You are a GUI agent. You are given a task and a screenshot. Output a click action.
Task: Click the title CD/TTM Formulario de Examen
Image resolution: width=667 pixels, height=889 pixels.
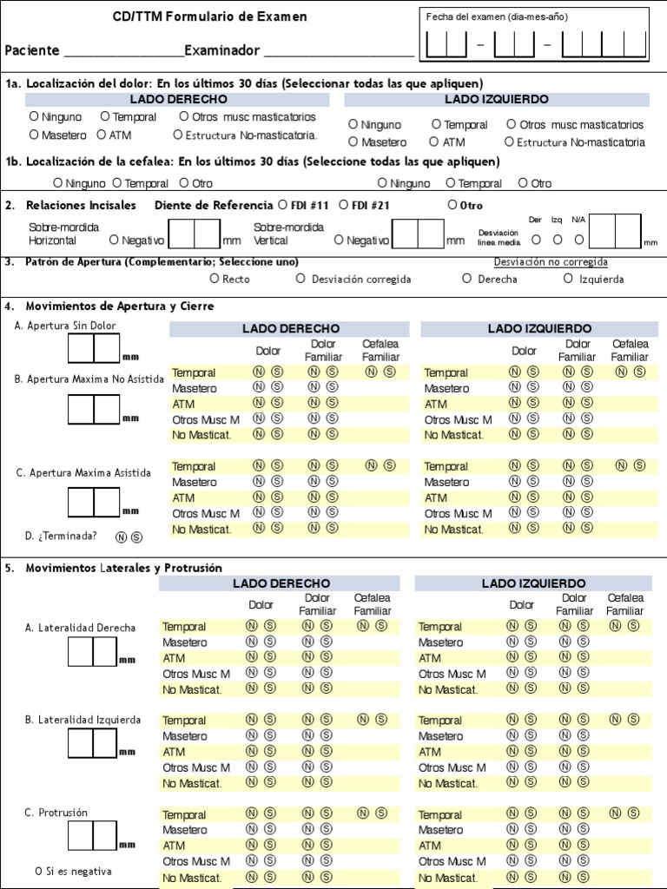pos(209,16)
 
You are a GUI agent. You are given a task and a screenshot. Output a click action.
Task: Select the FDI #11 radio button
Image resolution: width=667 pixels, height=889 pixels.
pos(282,205)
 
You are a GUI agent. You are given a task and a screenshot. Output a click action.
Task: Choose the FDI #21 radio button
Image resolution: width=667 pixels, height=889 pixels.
pos(343,205)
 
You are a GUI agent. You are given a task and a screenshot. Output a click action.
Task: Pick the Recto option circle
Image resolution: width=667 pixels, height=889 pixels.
pos(215,279)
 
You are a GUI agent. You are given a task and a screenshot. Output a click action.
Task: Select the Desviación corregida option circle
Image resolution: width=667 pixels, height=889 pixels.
pos(300,279)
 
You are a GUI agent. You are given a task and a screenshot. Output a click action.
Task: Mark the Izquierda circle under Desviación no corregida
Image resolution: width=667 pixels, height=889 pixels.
pos(569,279)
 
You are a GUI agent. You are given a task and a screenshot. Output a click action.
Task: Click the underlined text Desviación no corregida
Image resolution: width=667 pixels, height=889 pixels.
pos(551,262)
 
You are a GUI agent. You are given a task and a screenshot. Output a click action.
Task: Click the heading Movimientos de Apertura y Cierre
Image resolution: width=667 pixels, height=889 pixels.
pos(120,306)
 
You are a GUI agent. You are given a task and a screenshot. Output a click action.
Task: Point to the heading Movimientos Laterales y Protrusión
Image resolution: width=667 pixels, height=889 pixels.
pos(124,568)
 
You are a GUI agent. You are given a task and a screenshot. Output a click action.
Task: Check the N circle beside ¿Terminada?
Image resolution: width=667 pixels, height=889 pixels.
pos(121,537)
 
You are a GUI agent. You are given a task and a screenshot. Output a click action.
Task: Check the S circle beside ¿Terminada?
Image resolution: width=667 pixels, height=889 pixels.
pos(136,537)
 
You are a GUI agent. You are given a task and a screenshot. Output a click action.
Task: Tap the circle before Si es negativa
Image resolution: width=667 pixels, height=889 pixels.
pos(39,871)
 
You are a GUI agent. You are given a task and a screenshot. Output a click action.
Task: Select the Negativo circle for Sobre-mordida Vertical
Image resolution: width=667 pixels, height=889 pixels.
pos(339,240)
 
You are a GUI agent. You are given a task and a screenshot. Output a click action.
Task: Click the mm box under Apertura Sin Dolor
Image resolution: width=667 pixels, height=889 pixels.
pos(94,348)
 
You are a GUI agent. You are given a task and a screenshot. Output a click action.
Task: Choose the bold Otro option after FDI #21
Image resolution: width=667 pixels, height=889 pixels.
pos(452,205)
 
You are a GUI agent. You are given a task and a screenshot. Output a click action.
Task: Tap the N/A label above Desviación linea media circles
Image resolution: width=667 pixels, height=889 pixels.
pos(578,220)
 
